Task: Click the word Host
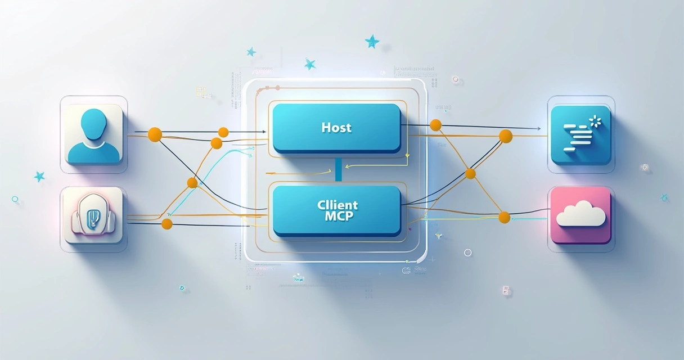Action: (x=336, y=128)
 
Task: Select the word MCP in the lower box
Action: (x=336, y=216)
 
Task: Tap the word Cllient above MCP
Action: (x=336, y=205)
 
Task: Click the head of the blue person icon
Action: (x=93, y=123)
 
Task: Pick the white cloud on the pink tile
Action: (x=580, y=215)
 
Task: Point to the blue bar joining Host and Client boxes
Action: (x=339, y=169)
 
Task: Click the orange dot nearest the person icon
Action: (x=155, y=134)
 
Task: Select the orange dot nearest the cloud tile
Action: (x=504, y=217)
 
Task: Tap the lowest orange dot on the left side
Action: (x=166, y=224)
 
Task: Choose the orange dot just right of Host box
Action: (x=435, y=124)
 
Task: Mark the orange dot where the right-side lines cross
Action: (x=471, y=174)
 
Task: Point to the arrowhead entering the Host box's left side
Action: (x=264, y=132)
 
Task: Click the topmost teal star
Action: (x=372, y=41)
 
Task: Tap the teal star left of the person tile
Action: (x=39, y=176)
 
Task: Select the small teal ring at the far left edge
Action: (x=15, y=199)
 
